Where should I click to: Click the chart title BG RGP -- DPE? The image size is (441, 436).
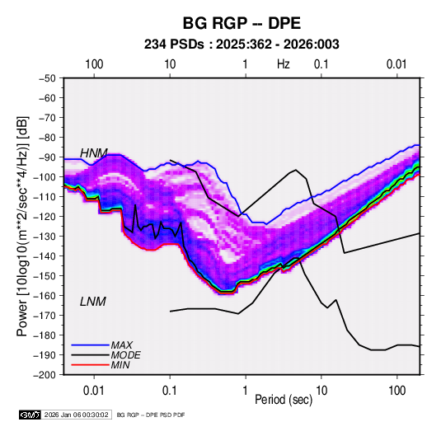(242, 23)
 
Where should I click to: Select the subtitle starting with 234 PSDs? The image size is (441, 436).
(242, 45)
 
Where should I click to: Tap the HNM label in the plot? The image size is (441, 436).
(94, 153)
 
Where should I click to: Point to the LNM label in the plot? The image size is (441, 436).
(93, 302)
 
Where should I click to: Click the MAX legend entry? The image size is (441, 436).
(121, 345)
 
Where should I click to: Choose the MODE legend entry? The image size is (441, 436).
(126, 355)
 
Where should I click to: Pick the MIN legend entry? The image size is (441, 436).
(120, 365)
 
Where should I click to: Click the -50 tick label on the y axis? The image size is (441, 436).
(47, 78)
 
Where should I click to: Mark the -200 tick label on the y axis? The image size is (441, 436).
(45, 375)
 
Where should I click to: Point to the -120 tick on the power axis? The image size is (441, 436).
(45, 217)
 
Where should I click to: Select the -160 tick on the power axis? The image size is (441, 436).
(45, 296)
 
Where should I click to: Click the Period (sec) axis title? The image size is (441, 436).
(284, 400)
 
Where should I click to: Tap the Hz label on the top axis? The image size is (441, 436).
(284, 64)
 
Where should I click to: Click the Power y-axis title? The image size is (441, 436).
(22, 227)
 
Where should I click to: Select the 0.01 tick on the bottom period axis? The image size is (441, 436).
(94, 391)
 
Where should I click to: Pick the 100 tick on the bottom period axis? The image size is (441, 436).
(396, 391)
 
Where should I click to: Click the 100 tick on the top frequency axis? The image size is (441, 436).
(94, 64)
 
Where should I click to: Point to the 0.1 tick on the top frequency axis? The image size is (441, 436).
(321, 64)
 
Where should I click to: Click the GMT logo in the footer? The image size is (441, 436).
(30, 415)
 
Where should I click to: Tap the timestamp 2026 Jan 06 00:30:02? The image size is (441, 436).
(76, 415)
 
